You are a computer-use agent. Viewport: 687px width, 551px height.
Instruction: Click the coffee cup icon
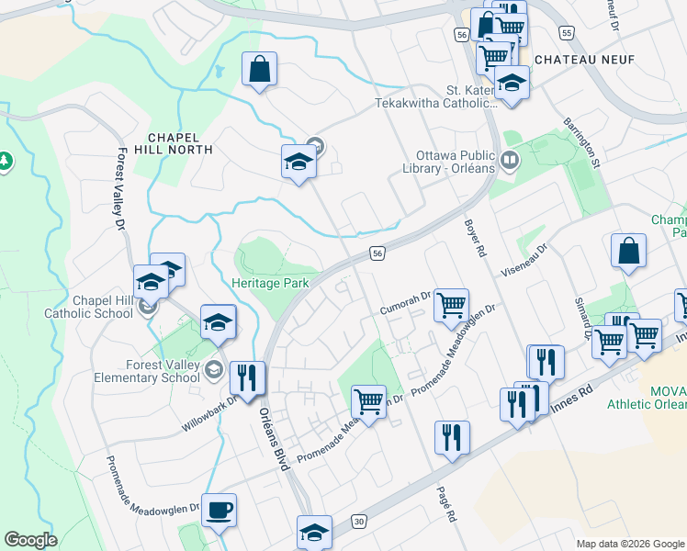coord(218,511)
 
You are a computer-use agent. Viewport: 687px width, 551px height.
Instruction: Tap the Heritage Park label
coord(270,284)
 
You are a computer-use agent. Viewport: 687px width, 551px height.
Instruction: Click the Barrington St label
coord(581,143)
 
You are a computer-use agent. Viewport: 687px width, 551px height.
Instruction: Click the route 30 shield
coord(358,521)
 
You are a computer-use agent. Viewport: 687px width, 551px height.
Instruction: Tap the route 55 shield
coord(567,33)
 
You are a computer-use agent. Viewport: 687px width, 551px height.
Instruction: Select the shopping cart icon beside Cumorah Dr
coord(451,305)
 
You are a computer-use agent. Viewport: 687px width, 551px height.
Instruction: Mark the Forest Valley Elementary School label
coord(163,370)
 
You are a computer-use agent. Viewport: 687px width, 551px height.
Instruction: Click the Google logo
coord(30,540)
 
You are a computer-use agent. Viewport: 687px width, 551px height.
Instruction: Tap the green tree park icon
coord(5,162)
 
